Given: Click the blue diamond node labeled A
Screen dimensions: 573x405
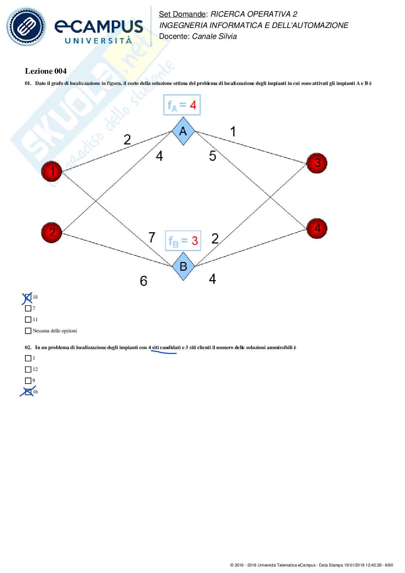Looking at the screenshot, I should tap(183, 131).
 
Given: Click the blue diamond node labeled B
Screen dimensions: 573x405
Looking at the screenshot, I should tap(183, 266).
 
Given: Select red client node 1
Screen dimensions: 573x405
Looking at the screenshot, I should tap(52, 171).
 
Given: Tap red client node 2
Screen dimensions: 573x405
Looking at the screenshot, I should tap(52, 232).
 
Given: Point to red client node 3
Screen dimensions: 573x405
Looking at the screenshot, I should tap(317, 163).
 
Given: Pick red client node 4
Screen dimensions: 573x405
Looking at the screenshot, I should tap(317, 229).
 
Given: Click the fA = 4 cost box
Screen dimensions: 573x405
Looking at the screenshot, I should tap(182, 105).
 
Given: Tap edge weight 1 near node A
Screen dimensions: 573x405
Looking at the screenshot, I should tap(233, 131).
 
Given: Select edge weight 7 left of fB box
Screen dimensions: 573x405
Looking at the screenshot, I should tap(152, 237).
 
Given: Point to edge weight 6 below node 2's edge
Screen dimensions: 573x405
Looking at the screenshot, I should tap(144, 281).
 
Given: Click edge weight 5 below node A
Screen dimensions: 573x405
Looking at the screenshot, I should tap(213, 156).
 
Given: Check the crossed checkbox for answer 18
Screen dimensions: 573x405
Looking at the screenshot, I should tap(28, 297).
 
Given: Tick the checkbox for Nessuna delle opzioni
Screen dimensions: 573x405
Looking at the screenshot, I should tap(28, 331).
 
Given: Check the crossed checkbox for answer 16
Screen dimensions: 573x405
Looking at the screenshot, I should tap(28, 392).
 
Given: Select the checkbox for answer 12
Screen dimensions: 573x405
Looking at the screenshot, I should tap(28, 369).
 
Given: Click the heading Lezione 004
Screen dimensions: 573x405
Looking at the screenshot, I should tap(46, 71).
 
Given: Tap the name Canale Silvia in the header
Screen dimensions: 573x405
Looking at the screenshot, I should tap(214, 36).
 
